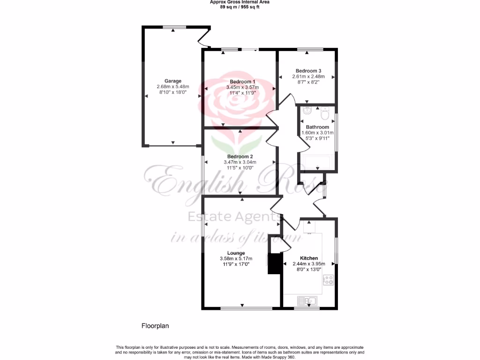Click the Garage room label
(x=172, y=81)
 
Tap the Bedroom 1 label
(x=239, y=81)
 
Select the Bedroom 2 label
(x=240, y=157)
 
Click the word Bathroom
(x=317, y=127)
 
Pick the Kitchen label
(x=309, y=258)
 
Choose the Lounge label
(x=236, y=253)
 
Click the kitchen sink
(x=307, y=300)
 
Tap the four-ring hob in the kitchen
(x=328, y=280)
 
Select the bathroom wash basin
(x=307, y=111)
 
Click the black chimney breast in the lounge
(x=273, y=263)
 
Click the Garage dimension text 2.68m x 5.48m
(x=172, y=87)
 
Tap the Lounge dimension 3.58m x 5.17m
(x=236, y=259)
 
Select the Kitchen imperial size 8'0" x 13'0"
(x=309, y=270)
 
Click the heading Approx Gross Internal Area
(x=239, y=2)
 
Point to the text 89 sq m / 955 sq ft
(x=239, y=7)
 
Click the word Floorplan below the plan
(x=155, y=325)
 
